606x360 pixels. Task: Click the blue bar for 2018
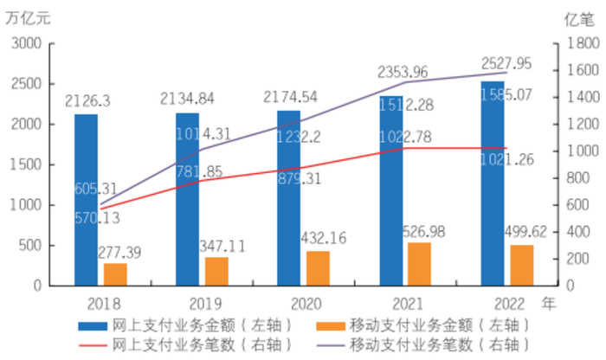click(86, 199)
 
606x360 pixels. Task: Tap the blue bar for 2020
click(288, 197)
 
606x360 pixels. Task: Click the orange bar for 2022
click(520, 265)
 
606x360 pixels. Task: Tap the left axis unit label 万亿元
click(28, 18)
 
